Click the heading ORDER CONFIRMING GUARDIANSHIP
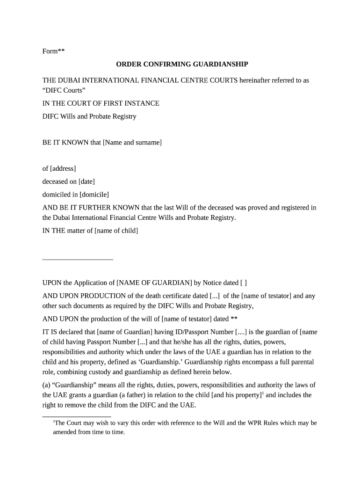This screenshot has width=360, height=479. click(x=182, y=64)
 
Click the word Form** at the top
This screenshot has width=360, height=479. click(x=53, y=51)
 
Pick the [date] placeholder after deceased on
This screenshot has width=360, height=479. click(x=86, y=181)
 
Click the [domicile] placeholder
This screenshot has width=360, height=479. click(x=94, y=194)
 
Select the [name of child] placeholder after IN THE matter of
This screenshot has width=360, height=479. click(x=116, y=231)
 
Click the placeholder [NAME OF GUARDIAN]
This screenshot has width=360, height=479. click(x=154, y=283)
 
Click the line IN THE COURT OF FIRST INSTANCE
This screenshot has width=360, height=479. click(x=101, y=103)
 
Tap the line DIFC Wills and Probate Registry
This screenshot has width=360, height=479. click(x=89, y=116)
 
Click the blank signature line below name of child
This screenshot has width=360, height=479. click(x=78, y=259)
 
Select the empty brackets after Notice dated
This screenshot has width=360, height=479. click(x=244, y=283)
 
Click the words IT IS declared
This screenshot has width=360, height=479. click(x=64, y=332)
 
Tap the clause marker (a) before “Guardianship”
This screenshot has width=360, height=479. click(x=47, y=385)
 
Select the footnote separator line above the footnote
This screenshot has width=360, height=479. click(x=77, y=416)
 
